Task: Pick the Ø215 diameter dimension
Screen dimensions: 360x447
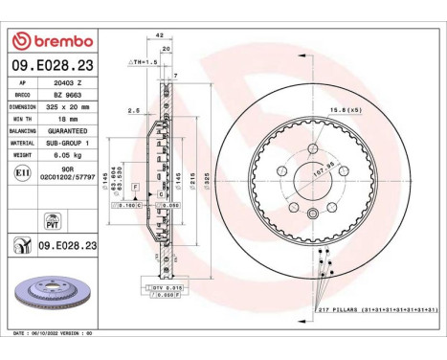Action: coord(191,180)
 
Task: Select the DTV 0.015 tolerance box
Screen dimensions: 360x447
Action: coord(165,288)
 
